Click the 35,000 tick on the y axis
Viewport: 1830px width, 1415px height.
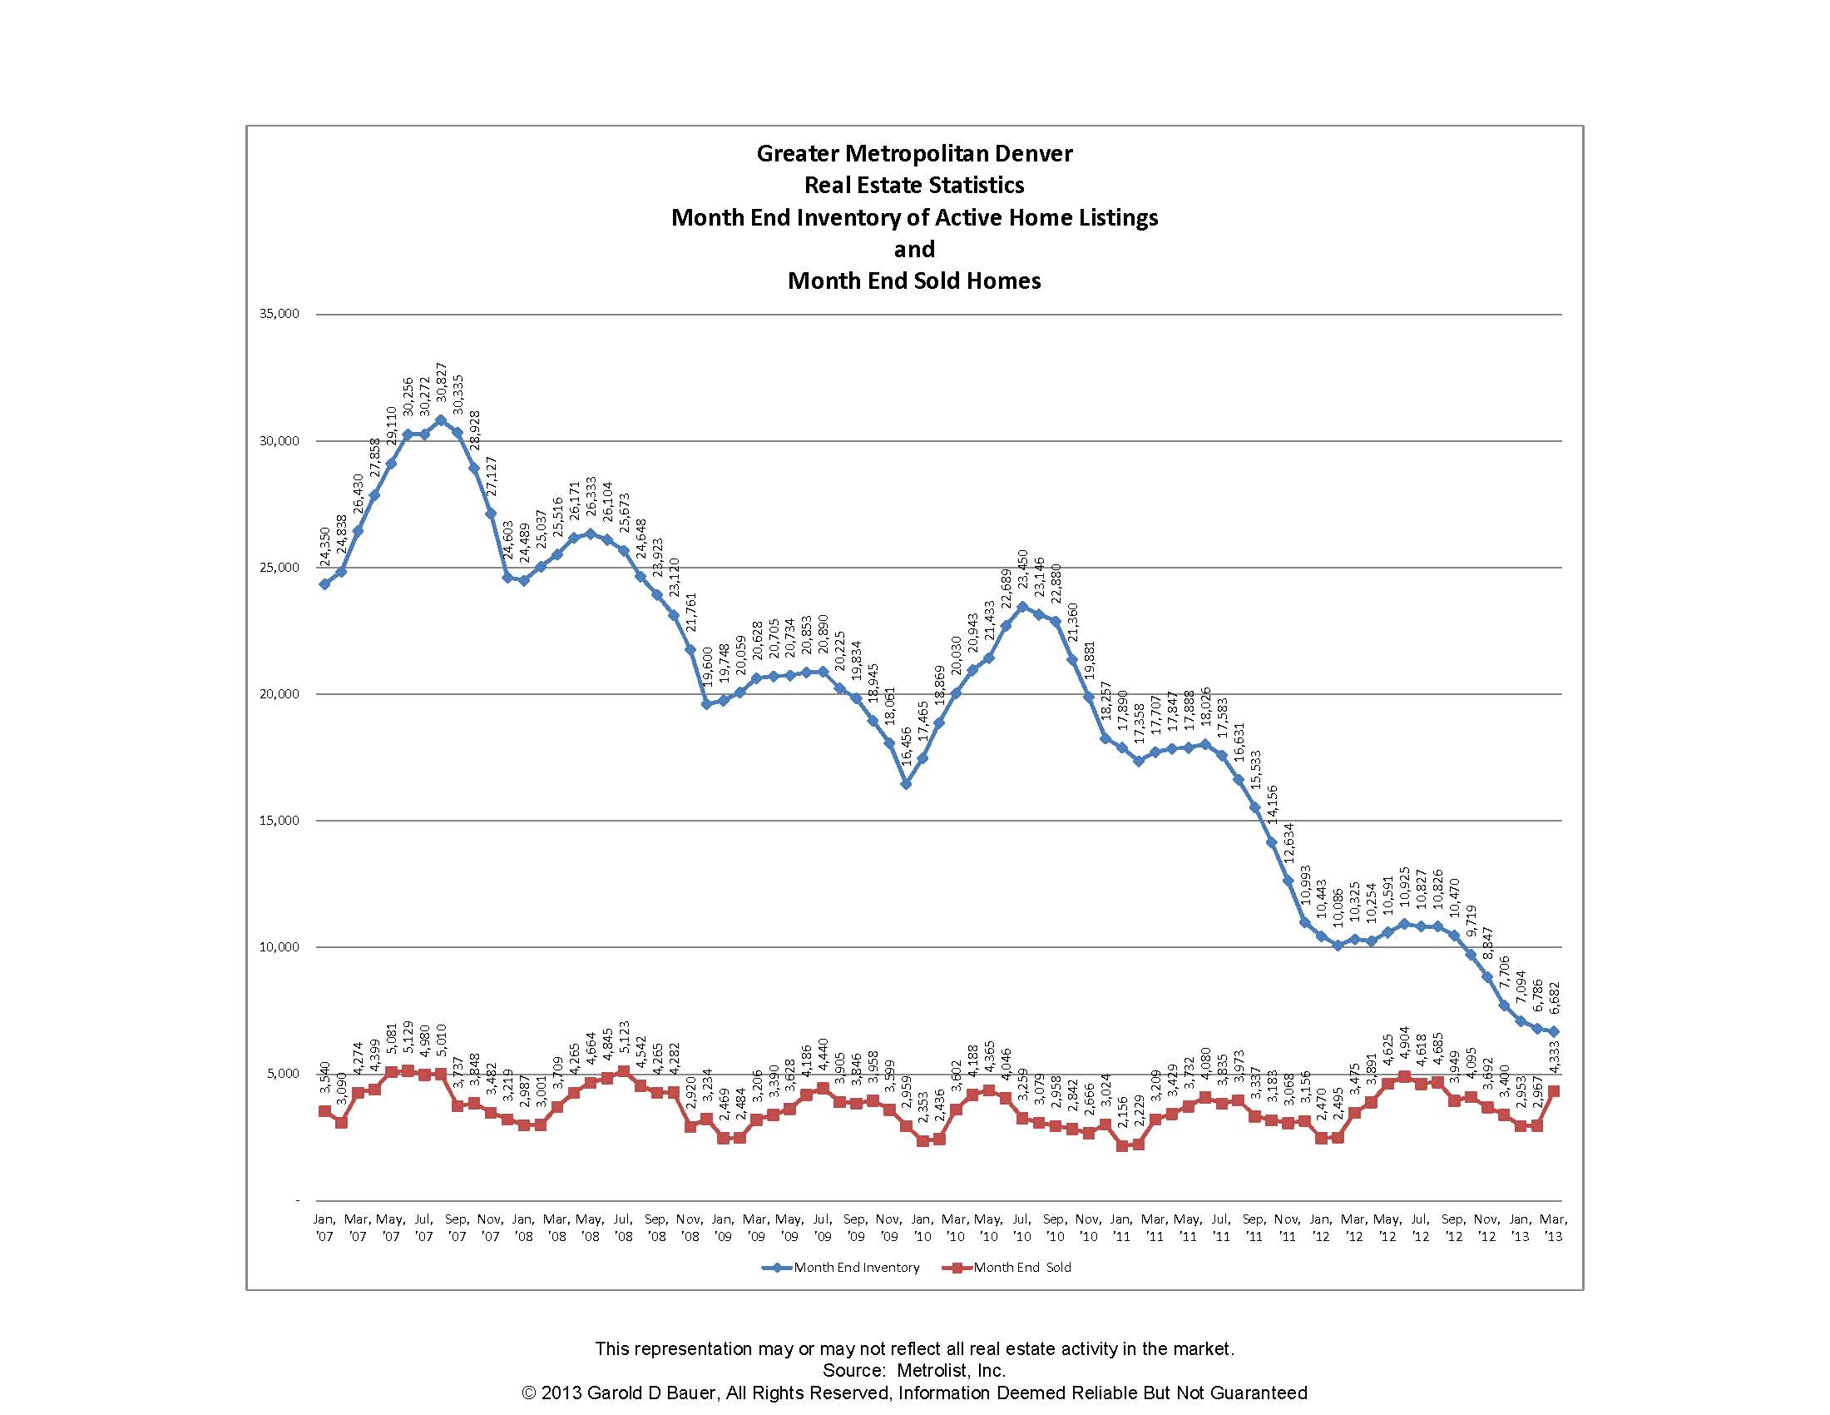click(x=279, y=314)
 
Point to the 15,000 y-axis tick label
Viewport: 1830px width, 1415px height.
click(x=279, y=821)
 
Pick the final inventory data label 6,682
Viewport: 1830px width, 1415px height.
click(x=1555, y=997)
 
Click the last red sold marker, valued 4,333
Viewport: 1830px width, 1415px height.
click(x=1554, y=1091)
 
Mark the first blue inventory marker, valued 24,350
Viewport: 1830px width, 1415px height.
click(x=325, y=584)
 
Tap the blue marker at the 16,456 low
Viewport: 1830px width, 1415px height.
click(x=906, y=784)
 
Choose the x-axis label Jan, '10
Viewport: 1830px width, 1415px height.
click(x=922, y=1227)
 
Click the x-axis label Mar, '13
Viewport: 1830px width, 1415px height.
click(x=1553, y=1227)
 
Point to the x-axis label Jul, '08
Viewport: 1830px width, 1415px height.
click(x=622, y=1227)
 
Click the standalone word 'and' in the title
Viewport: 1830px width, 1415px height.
click(x=914, y=249)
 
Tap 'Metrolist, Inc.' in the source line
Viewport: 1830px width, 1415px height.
click(x=951, y=1371)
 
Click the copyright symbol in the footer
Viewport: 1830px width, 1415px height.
click(x=529, y=1393)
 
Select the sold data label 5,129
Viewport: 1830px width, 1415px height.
click(x=408, y=1038)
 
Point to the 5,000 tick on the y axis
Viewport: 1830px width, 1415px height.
click(x=283, y=1074)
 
